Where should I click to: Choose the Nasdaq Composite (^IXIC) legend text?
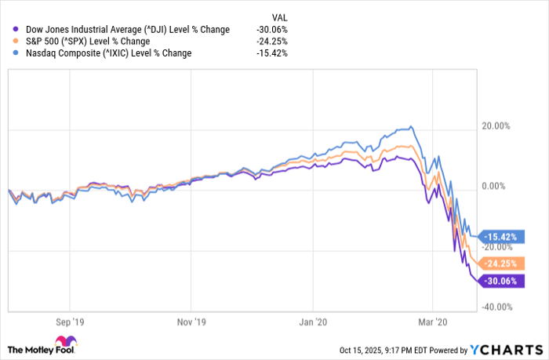[x=103, y=53]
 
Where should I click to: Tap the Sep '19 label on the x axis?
[x=69, y=322]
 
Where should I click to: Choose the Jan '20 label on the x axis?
[x=313, y=322]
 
